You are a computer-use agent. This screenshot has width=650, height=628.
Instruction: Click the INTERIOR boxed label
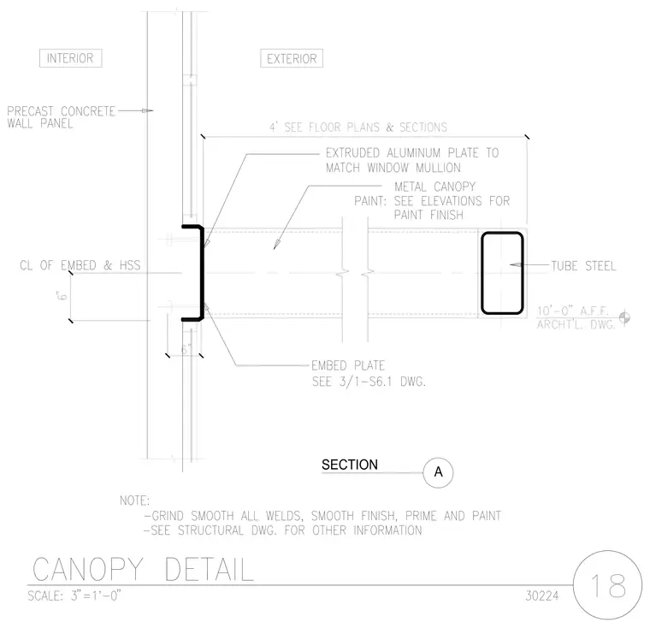70,58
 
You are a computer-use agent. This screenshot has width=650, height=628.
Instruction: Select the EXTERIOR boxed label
292,58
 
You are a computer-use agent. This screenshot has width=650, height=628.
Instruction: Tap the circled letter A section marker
438,472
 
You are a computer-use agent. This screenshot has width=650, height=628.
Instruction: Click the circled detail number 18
608,585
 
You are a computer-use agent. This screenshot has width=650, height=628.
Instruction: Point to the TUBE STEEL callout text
583,265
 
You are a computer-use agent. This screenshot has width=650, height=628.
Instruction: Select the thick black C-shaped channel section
202,273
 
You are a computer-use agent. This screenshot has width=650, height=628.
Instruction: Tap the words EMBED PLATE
348,365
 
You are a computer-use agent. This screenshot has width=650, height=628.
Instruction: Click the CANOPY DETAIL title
143,570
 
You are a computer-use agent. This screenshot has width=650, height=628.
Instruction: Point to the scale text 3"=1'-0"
96,595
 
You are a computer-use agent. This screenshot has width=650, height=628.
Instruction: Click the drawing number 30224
542,595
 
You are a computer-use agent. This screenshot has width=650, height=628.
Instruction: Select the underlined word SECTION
350,465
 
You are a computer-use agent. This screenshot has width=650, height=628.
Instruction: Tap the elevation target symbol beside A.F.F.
624,317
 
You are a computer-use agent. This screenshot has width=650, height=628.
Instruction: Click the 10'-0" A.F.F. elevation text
572,311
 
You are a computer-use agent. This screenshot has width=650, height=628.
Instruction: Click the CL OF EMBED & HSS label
80,265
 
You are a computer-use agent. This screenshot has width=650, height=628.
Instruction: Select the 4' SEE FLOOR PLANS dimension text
358,127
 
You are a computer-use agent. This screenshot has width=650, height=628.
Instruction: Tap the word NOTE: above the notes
134,501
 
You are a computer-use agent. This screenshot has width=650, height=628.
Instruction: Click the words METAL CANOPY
434,187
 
